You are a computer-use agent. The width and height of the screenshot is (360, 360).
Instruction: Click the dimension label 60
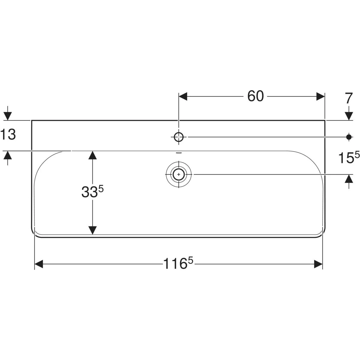(255, 96)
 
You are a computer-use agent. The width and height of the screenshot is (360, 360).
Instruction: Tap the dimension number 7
(349, 98)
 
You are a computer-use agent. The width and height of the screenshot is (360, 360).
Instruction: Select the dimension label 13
(8, 134)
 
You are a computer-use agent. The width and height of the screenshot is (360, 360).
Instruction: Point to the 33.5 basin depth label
(92, 192)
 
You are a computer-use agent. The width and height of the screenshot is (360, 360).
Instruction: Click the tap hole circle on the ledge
(178, 137)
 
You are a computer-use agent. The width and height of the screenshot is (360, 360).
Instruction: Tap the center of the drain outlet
(179, 174)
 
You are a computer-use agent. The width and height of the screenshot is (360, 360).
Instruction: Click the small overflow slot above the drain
(178, 153)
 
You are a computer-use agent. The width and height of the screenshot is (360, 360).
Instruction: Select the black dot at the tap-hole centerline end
(349, 137)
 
